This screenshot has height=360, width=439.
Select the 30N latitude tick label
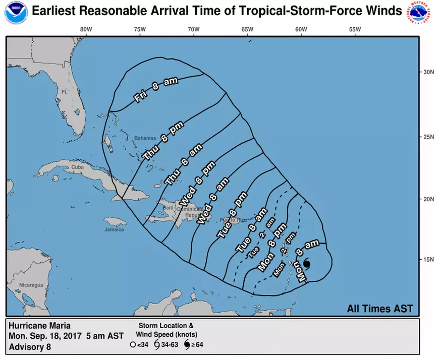coord(429,72)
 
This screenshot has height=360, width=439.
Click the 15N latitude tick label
coord(429,260)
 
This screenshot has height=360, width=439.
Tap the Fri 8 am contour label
coord(156,90)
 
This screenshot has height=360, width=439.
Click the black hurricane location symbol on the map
coord(306,264)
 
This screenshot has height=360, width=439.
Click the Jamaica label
coord(115,230)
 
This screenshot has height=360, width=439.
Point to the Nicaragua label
coord(31,285)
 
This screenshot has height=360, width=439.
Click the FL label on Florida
coord(64,92)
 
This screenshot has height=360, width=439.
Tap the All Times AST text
coord(380,308)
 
